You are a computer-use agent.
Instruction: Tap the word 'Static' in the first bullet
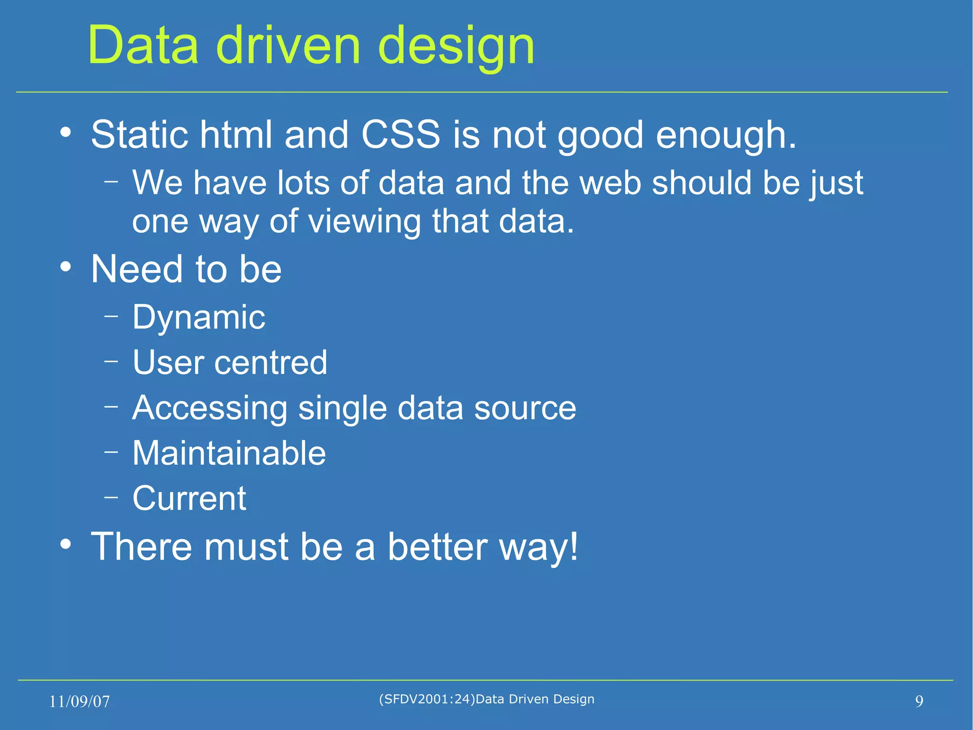point(139,135)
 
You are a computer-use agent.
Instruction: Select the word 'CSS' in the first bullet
point(401,135)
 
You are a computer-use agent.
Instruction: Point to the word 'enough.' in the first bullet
point(725,136)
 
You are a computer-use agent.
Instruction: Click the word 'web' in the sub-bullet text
point(610,183)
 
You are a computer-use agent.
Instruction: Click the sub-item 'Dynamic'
point(199,318)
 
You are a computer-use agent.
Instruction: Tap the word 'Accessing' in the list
point(210,409)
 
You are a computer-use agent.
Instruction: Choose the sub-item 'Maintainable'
point(229,453)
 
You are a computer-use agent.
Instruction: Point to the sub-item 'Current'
point(189,498)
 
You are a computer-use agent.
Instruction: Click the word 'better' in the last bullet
point(438,546)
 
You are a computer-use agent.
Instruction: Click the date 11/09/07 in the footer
point(79,701)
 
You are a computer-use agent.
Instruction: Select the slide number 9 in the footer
point(919,701)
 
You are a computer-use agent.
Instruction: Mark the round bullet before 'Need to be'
point(66,267)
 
